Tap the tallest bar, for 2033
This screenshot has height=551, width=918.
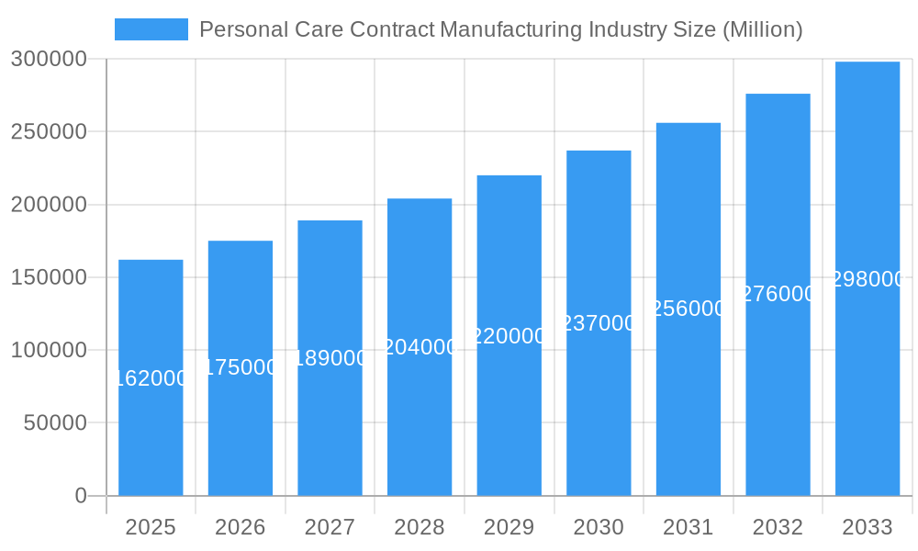(x=868, y=386)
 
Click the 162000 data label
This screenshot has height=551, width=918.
(x=151, y=378)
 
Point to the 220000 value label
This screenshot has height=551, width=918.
(x=509, y=336)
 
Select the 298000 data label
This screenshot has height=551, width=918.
(x=868, y=280)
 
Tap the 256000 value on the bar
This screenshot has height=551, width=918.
(x=688, y=309)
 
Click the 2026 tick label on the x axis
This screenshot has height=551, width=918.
(x=241, y=527)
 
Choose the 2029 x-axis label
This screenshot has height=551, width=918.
(x=509, y=527)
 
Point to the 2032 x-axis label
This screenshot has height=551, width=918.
(x=778, y=527)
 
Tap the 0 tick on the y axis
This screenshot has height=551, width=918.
(x=81, y=496)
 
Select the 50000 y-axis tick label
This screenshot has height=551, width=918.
(x=54, y=423)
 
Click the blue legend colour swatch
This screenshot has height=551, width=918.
(x=151, y=29)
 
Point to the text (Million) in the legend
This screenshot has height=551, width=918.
(x=763, y=29)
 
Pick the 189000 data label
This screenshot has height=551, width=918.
(x=330, y=358)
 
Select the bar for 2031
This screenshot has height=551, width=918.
(x=688, y=404)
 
